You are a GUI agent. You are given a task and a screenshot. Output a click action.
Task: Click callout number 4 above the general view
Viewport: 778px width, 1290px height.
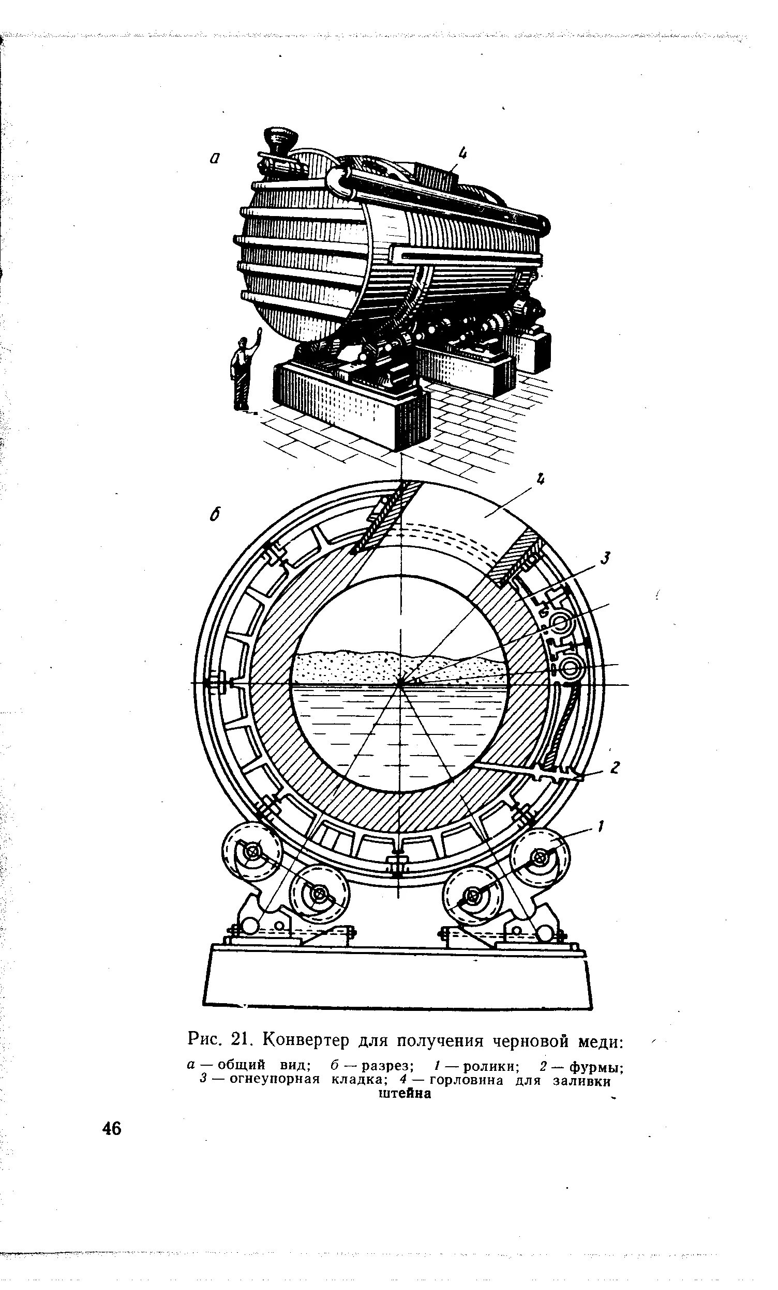point(462,152)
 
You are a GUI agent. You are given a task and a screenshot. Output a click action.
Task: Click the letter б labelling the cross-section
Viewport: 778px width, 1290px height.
point(213,515)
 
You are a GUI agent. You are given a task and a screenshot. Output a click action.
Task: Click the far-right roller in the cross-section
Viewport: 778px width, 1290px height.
point(540,857)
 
